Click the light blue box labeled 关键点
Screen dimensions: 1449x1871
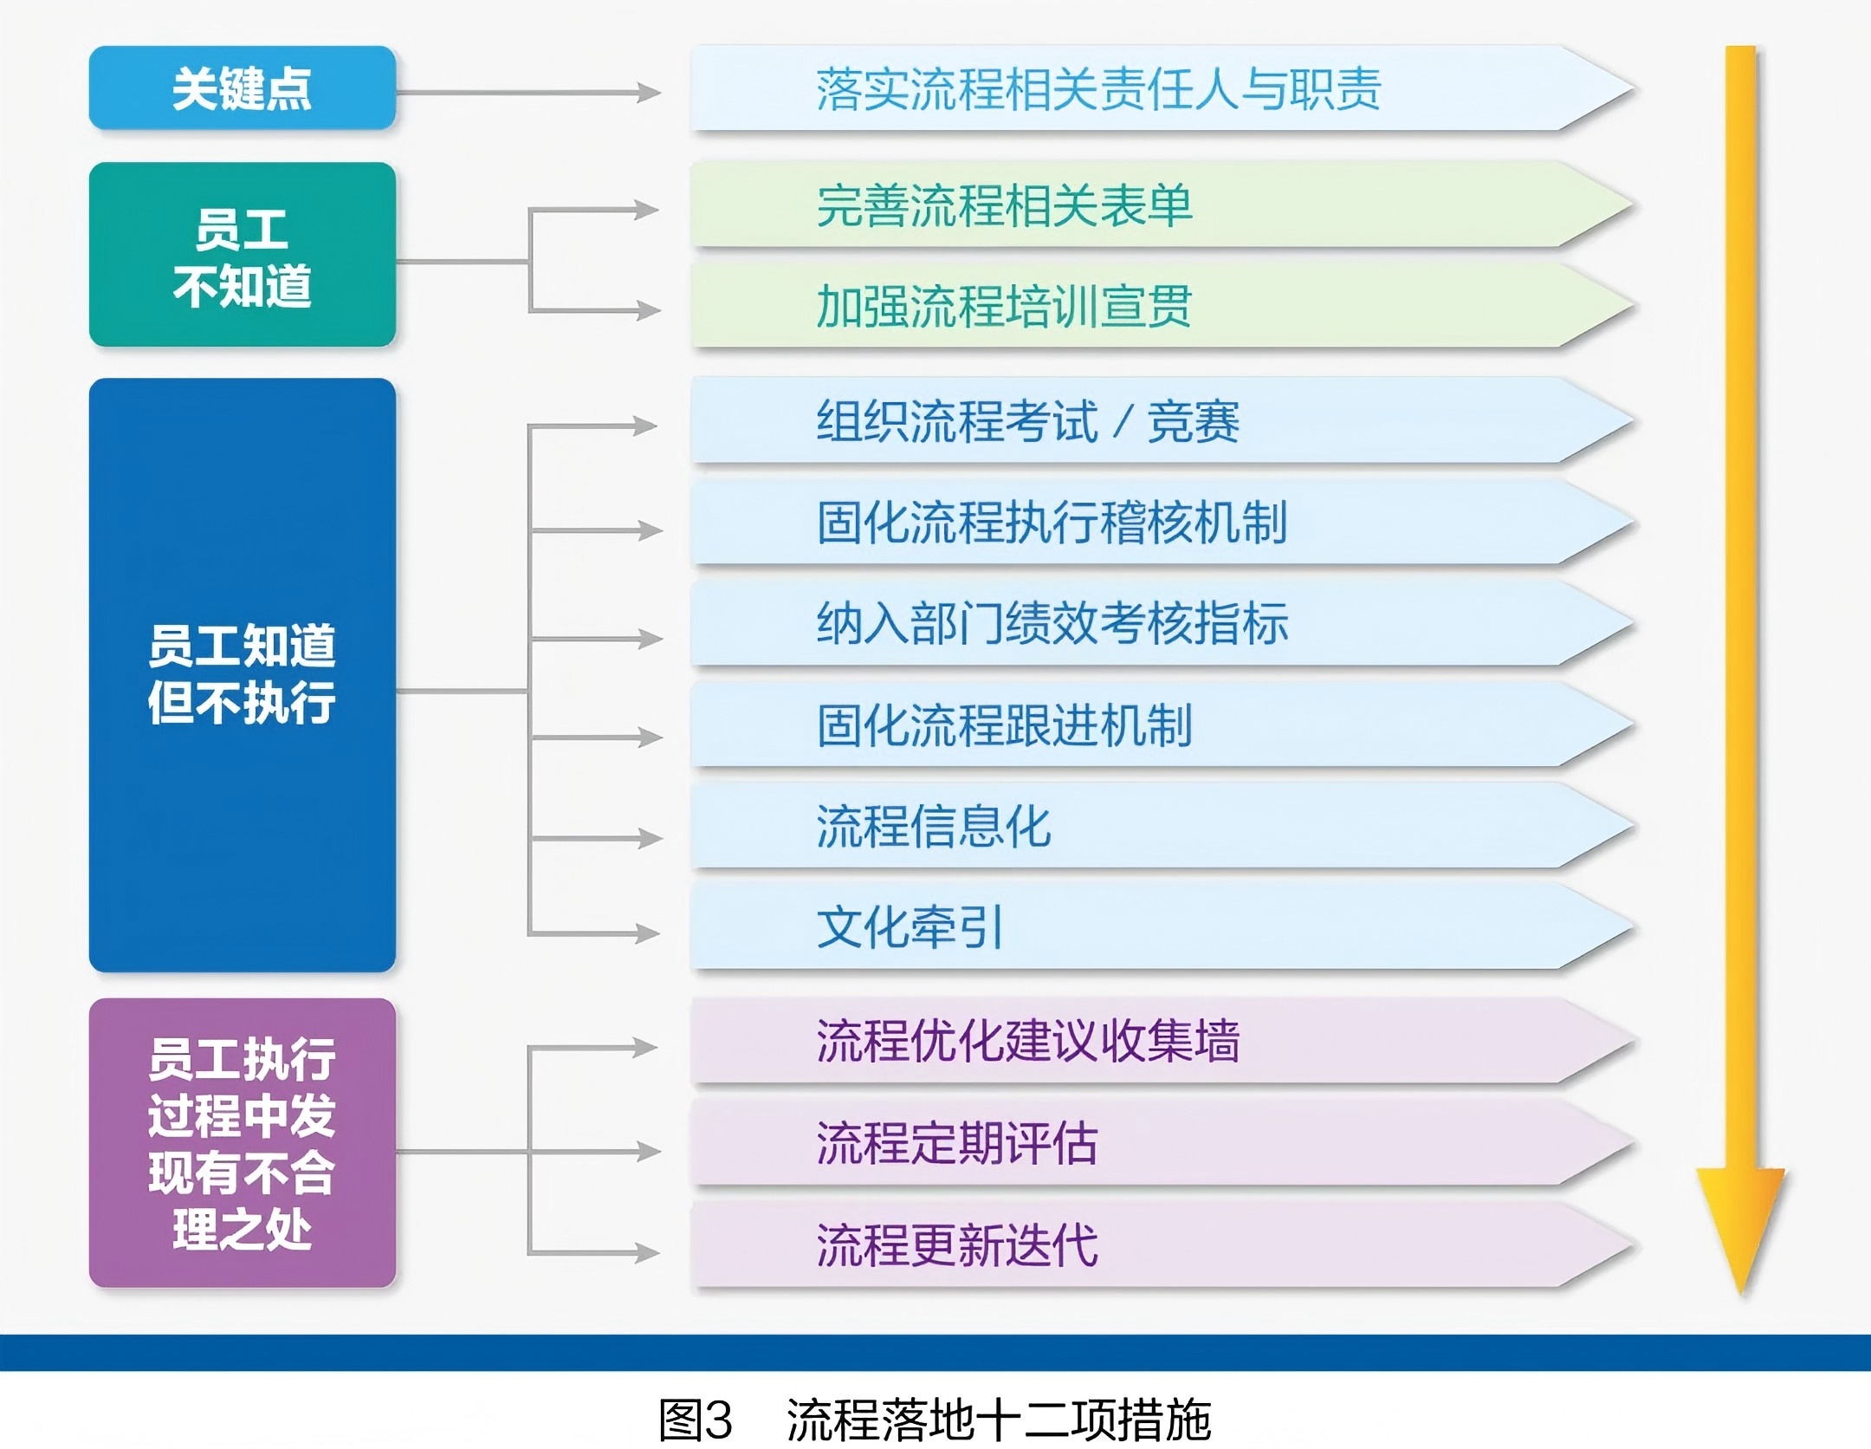pyautogui.click(x=242, y=88)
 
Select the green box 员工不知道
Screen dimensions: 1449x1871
pyautogui.click(x=242, y=256)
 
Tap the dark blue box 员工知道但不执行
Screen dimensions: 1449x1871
pyautogui.click(x=242, y=674)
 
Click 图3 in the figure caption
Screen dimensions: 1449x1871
pyautogui.click(x=696, y=1420)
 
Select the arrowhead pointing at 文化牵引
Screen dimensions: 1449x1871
pyautogui.click(x=647, y=933)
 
